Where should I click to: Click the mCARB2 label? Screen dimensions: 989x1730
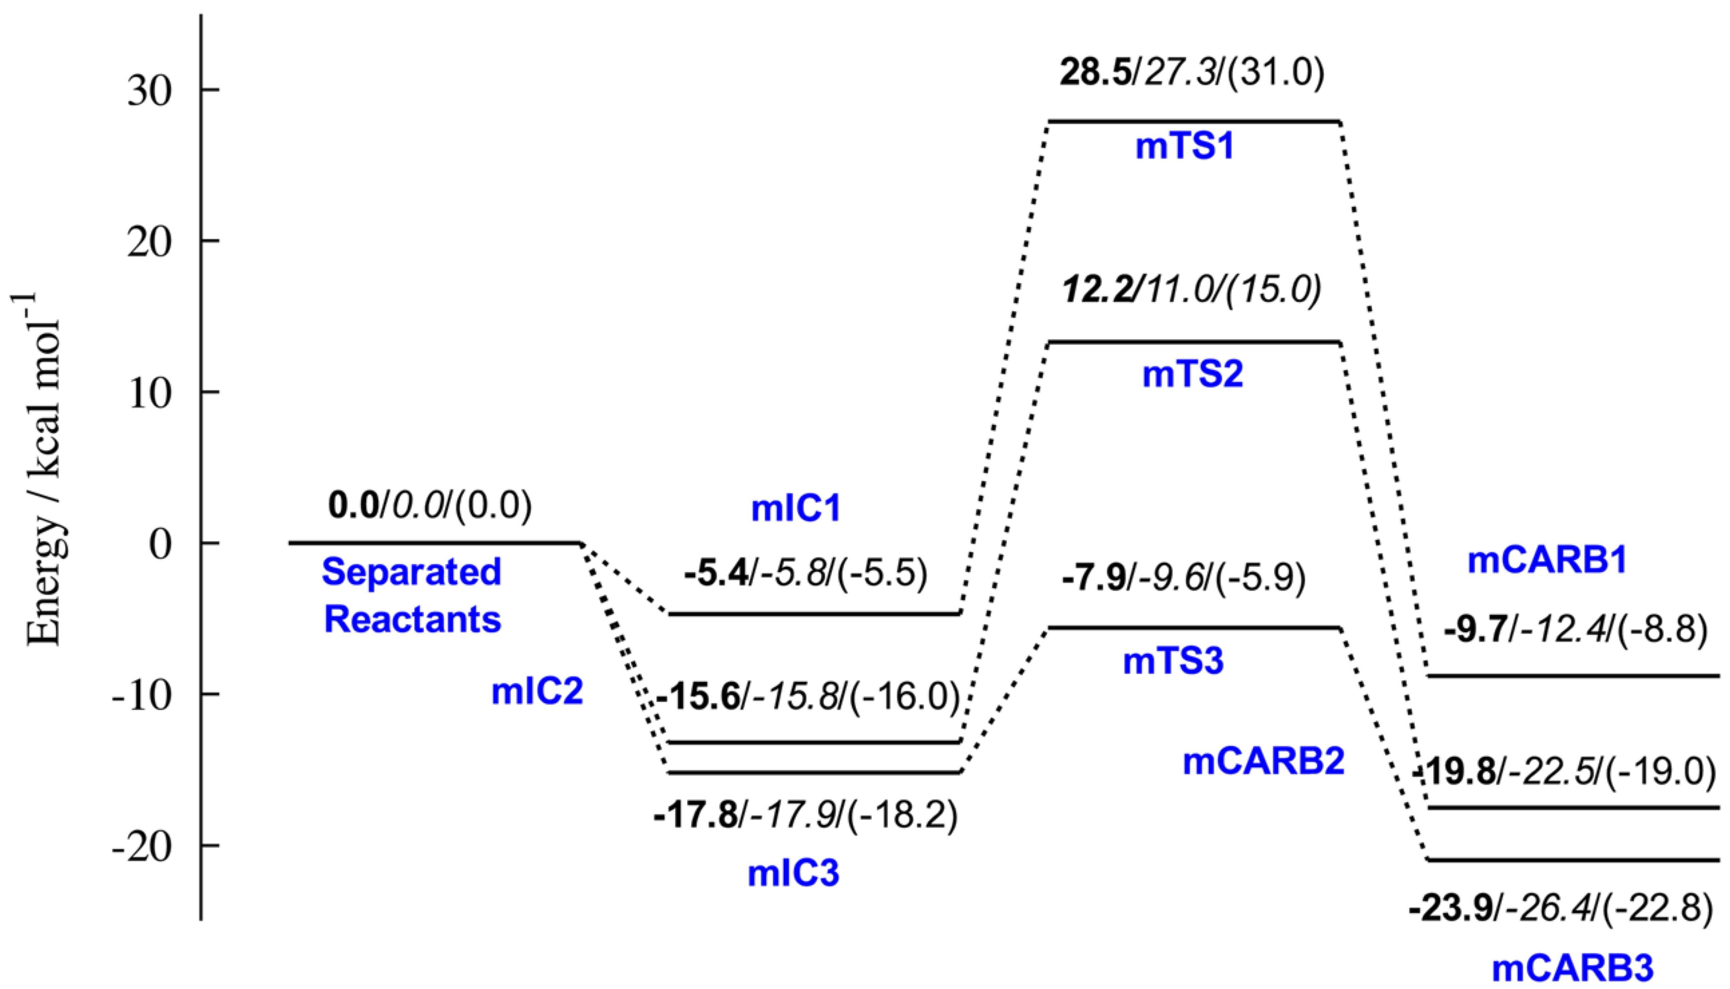[1264, 762]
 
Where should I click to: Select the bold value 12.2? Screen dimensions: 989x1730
[1098, 291]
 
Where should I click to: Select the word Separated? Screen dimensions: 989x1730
[412, 572]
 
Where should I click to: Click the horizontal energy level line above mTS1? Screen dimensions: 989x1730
[1194, 122]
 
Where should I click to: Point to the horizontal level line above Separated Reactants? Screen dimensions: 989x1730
[435, 543]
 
